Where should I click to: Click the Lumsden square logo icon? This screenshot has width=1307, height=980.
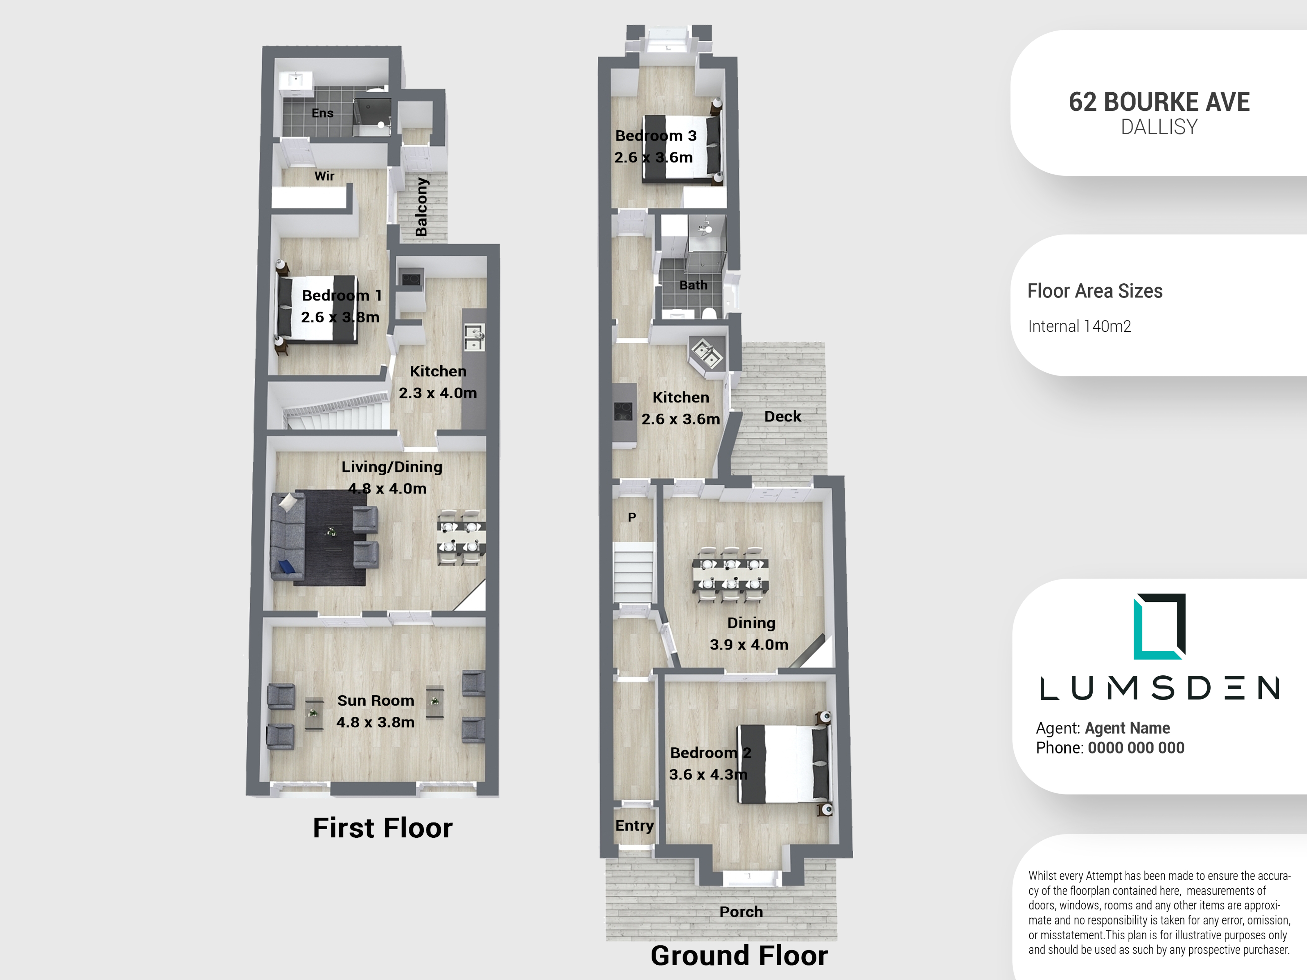(x=1159, y=626)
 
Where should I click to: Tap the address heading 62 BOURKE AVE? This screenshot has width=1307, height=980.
(x=1159, y=102)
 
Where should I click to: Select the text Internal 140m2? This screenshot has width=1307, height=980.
(x=1080, y=326)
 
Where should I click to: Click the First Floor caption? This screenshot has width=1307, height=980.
(x=382, y=828)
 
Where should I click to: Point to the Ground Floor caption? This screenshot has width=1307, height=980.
(x=739, y=955)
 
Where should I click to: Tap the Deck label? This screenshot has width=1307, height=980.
(x=783, y=416)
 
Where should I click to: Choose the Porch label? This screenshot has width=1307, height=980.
(x=741, y=911)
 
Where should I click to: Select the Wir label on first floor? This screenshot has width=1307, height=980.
(x=324, y=176)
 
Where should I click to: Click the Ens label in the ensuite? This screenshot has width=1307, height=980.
(x=323, y=113)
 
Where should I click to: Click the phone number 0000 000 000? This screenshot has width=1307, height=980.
(x=1136, y=748)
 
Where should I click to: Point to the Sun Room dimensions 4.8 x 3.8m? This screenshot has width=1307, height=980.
(x=375, y=722)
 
